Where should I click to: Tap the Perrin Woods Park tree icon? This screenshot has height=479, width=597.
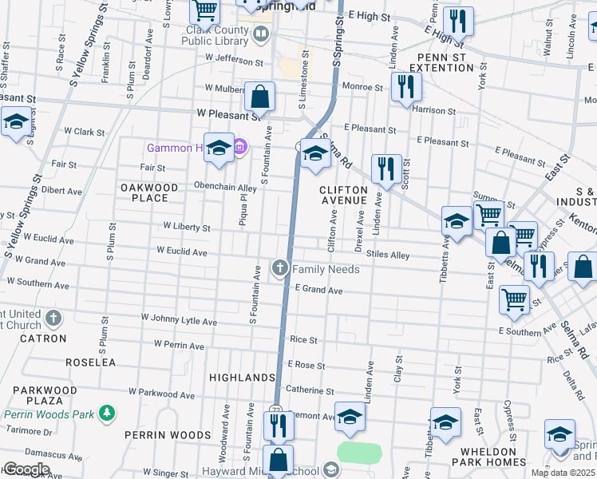105,413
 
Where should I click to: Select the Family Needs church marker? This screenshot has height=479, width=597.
280,268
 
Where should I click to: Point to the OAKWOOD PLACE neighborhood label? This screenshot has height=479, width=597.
149,192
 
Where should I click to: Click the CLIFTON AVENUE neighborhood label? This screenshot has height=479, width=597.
344,195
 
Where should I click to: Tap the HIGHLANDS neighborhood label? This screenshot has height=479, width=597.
242,377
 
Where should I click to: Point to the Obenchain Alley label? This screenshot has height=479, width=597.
226,188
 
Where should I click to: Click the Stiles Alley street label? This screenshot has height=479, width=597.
388,255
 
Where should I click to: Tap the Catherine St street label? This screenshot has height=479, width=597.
310,390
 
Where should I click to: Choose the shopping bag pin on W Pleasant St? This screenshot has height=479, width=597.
260,97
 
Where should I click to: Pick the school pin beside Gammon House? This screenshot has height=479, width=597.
219,148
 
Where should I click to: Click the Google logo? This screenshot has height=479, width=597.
26,469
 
